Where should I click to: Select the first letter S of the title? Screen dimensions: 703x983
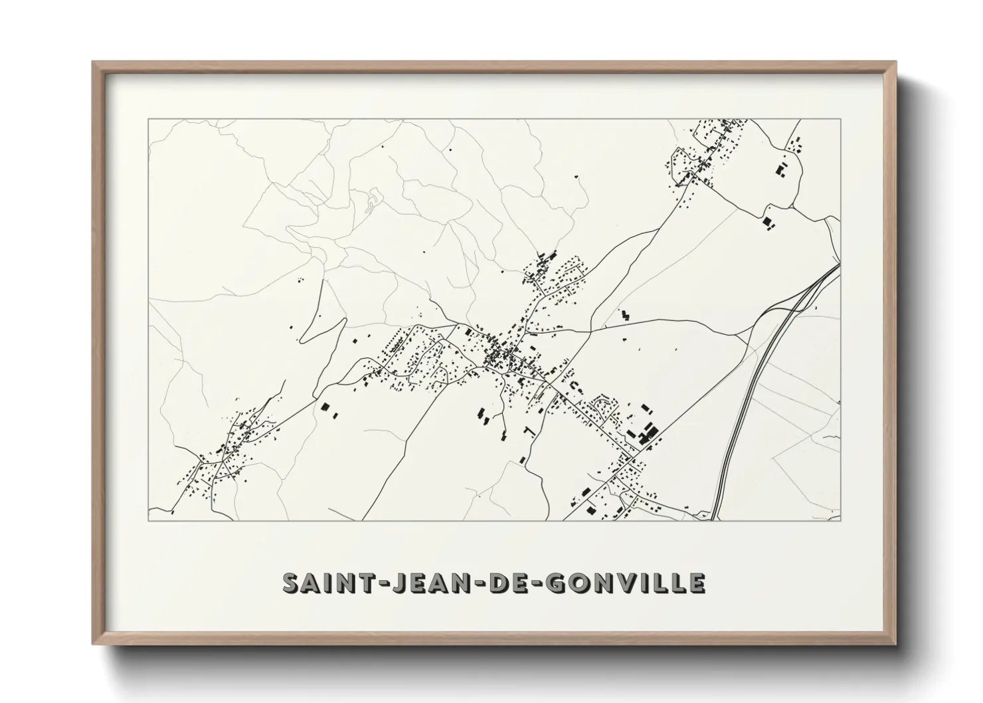(291, 583)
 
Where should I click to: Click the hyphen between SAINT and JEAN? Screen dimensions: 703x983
(363, 583)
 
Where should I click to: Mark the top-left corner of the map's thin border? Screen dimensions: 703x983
(148, 119)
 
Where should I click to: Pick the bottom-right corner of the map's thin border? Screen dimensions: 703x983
(840, 520)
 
